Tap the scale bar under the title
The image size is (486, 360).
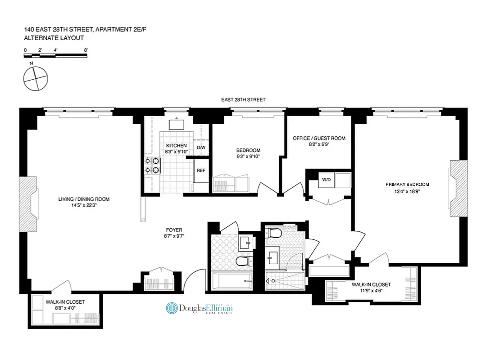pyautogui.click(x=55, y=56)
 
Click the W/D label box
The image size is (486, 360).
pyautogui.click(x=325, y=180)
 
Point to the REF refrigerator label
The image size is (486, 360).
pyautogui.click(x=201, y=171)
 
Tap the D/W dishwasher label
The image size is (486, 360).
pyautogui.click(x=201, y=148)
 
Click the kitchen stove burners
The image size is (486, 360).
pyautogui.click(x=152, y=165)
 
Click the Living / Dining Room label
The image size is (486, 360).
pyautogui.click(x=84, y=199)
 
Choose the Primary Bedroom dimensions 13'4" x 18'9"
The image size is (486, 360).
pyautogui.click(x=407, y=192)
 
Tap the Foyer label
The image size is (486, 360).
pyautogui.click(x=173, y=230)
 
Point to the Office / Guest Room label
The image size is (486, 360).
pyautogui.click(x=319, y=138)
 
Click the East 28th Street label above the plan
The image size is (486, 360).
pyautogui.click(x=243, y=99)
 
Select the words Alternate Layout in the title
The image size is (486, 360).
pyautogui.click(x=54, y=38)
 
